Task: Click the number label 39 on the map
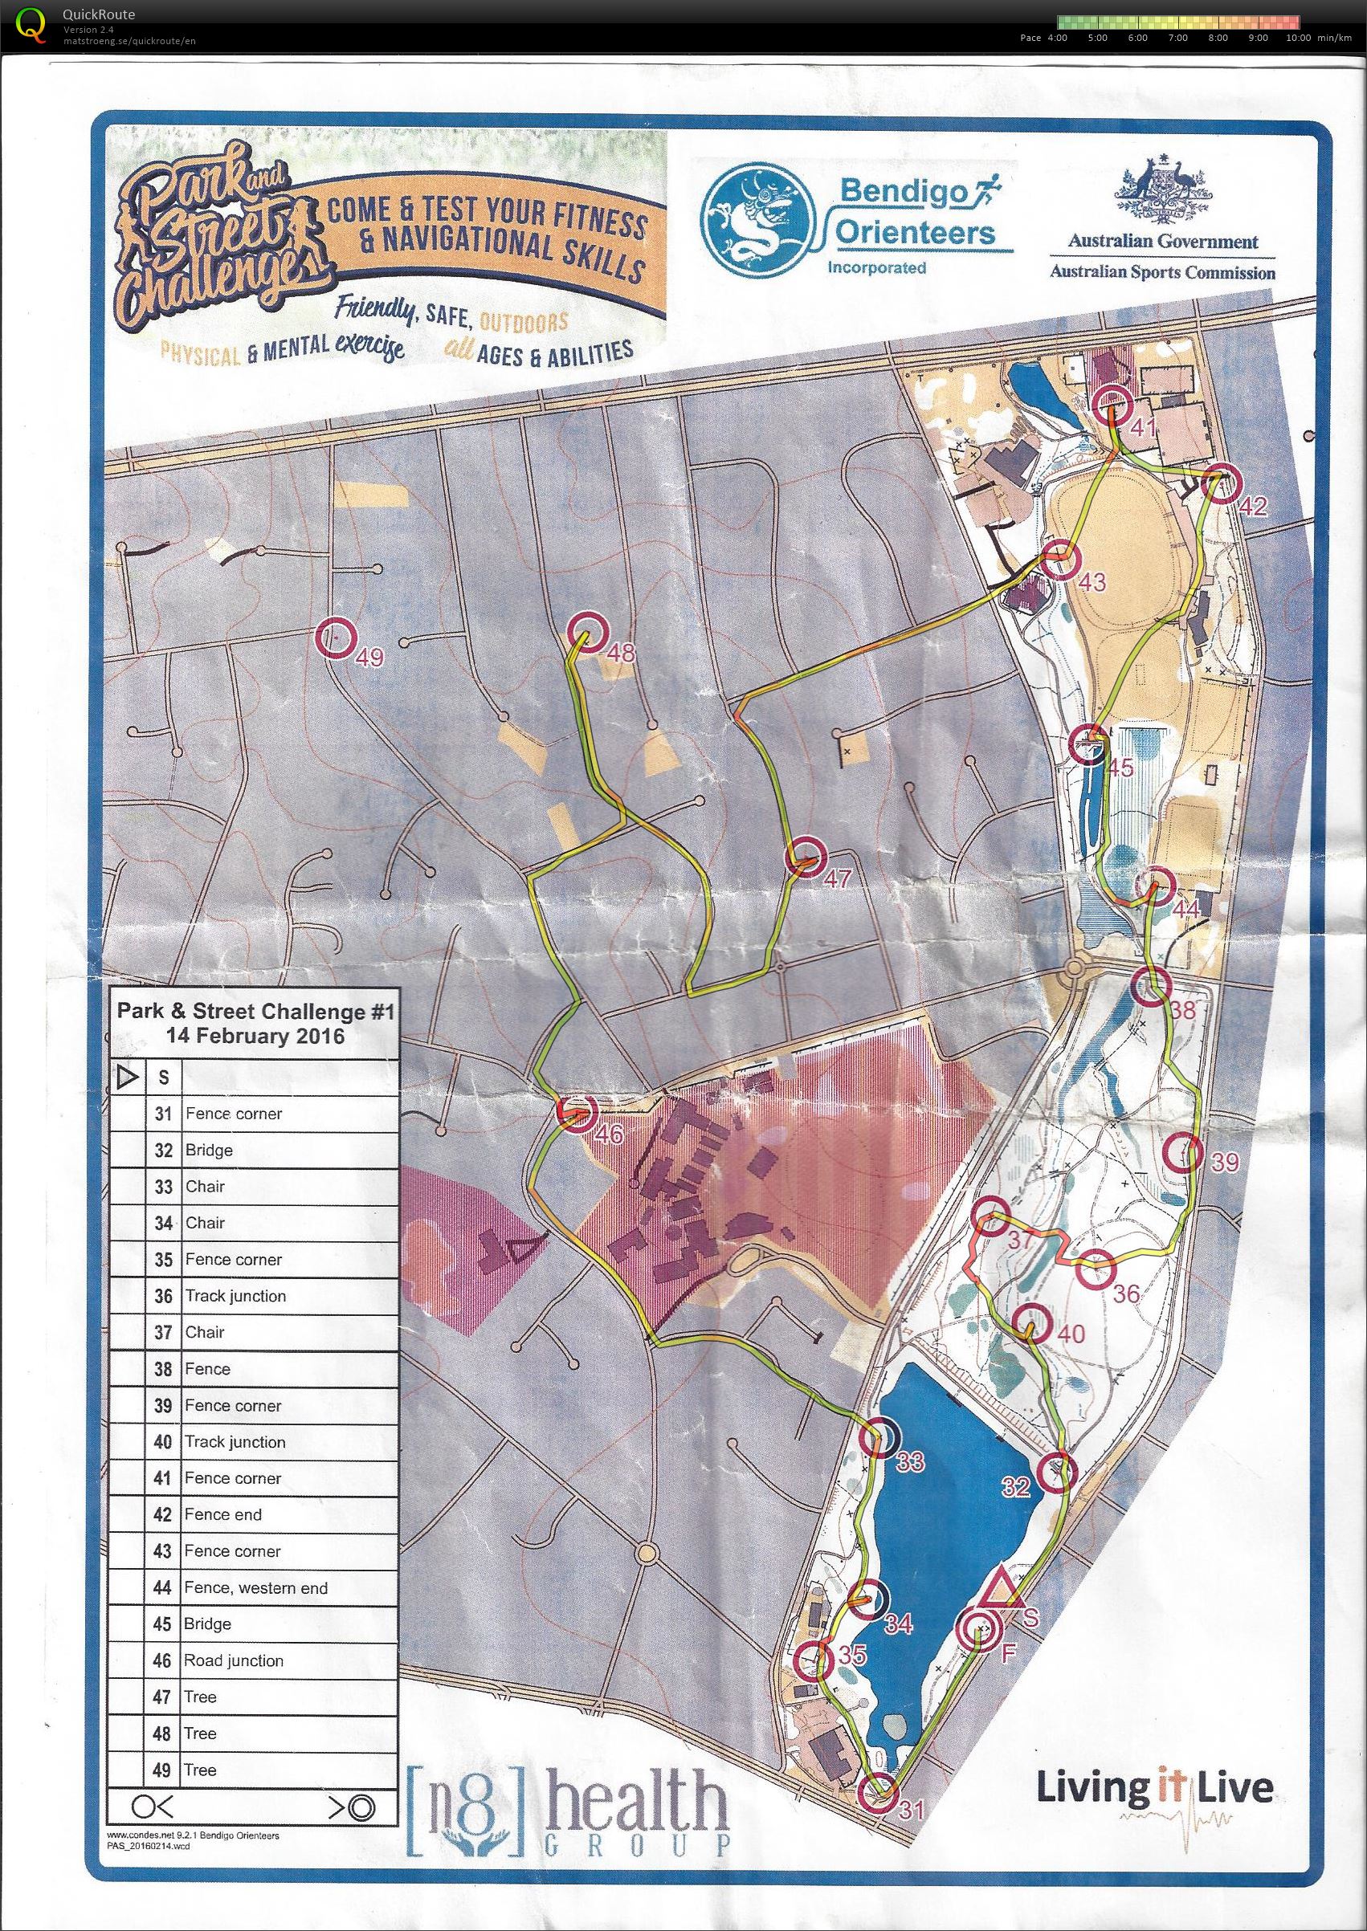[1225, 1163]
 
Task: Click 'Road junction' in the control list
[234, 1661]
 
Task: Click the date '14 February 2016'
[255, 1036]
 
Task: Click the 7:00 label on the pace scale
[1177, 38]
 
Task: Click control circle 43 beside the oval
[1059, 559]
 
